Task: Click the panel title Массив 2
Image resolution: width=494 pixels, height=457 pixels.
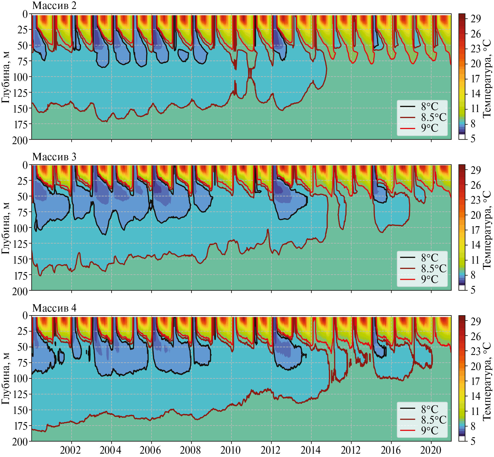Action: point(54,5)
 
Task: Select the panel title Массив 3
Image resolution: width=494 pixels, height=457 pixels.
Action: point(54,157)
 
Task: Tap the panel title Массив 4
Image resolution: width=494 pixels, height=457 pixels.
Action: point(54,308)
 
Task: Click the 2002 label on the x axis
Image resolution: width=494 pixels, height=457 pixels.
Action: point(70,450)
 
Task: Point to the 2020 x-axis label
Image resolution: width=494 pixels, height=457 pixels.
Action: point(431,450)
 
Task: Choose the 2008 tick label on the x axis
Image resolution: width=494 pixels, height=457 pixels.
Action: point(190,450)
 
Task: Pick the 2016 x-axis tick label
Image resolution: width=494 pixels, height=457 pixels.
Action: point(391,450)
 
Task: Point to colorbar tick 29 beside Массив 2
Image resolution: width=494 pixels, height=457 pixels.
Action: point(476,19)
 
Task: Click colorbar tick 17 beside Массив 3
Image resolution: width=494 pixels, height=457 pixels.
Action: point(476,230)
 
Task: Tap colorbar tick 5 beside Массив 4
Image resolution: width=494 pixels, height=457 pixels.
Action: point(473,441)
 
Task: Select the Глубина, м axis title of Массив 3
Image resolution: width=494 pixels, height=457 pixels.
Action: point(6,228)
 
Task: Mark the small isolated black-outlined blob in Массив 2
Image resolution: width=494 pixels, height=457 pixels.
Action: point(183,55)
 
